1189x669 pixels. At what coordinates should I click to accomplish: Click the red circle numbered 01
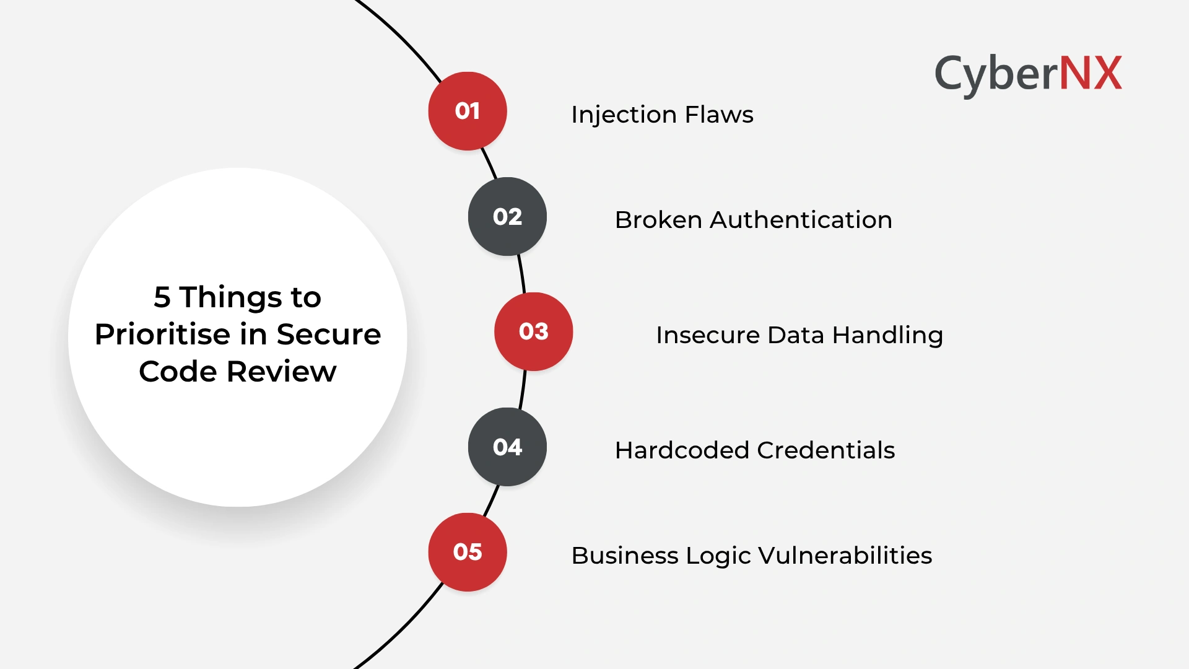click(x=468, y=111)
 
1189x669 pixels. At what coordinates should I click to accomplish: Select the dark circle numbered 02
click(x=507, y=216)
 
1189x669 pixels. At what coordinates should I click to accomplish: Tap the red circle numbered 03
click(x=534, y=331)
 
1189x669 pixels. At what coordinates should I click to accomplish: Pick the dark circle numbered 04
click(x=507, y=447)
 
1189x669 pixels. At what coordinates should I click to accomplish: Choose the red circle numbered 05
click(x=468, y=552)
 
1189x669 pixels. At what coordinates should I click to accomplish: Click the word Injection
click(x=624, y=115)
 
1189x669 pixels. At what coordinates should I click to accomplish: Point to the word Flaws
click(x=719, y=115)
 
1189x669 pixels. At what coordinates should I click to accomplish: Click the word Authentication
click(x=801, y=220)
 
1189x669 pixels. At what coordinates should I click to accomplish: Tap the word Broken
click(x=658, y=220)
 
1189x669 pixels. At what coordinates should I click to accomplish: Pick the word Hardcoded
click(x=682, y=450)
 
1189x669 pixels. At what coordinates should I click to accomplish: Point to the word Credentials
click(x=826, y=450)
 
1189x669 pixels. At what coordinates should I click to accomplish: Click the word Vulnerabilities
click(x=845, y=556)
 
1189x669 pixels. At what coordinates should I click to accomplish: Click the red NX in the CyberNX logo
click(x=1091, y=73)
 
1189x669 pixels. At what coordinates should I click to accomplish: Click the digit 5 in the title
click(x=162, y=297)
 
